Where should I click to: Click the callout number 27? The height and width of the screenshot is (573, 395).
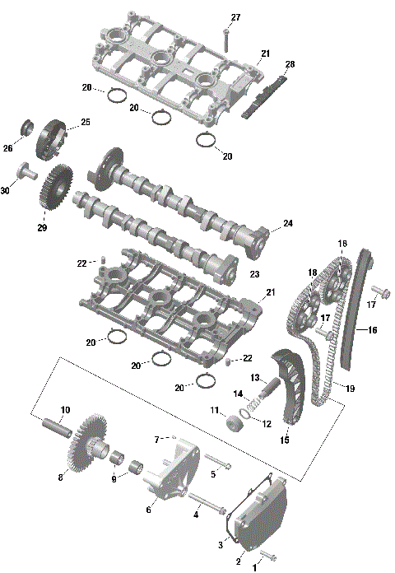235,18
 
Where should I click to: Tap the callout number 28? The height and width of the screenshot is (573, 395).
290,64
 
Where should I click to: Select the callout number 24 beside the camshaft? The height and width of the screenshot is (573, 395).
287,223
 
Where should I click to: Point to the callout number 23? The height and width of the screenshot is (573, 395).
254,274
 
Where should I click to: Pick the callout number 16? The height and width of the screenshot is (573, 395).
372,330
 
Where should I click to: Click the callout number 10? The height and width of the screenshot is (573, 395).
65,409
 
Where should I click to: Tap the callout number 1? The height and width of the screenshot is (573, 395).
254,567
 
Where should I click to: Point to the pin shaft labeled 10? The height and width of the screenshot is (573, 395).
58,429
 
